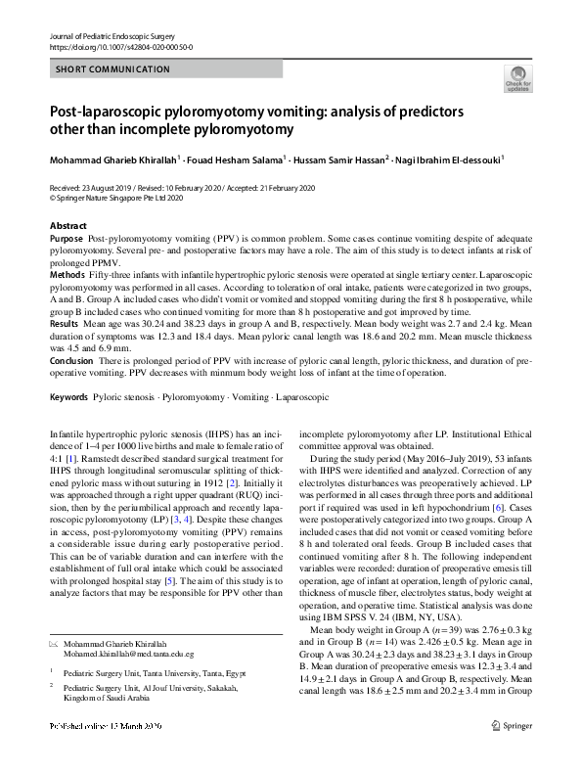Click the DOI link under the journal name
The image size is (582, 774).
pyautogui.click(x=120, y=46)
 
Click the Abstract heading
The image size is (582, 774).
pyautogui.click(x=68, y=226)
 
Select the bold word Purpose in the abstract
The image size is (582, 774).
pyautogui.click(x=66, y=239)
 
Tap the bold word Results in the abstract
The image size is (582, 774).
pyautogui.click(x=64, y=321)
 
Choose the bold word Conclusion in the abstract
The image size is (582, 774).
pyautogui.click(x=71, y=362)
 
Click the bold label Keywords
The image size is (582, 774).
pyautogui.click(x=68, y=399)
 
